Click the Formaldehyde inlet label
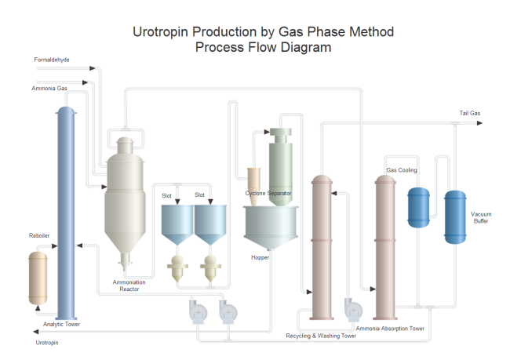[52, 59]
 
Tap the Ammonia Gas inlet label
[49, 88]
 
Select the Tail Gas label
[470, 114]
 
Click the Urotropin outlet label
[46, 342]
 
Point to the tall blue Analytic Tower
[65, 212]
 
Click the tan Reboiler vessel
[38, 276]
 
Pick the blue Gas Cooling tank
[418, 206]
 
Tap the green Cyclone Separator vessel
[279, 165]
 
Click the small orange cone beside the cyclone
[253, 179]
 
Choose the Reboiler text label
[39, 235]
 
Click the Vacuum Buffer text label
[481, 217]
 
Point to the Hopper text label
[260, 256]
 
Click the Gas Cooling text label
[402, 169]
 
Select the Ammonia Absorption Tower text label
[390, 329]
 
